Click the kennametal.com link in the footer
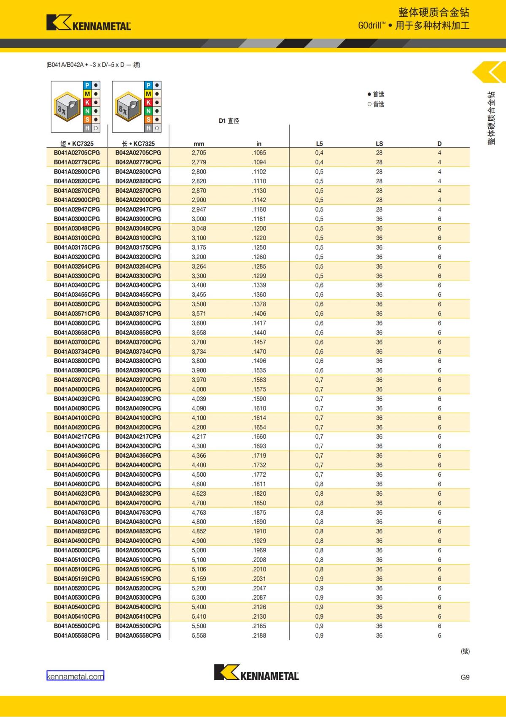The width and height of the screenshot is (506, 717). [x=75, y=676]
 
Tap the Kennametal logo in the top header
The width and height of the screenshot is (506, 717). [x=89, y=23]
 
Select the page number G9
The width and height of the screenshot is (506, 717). [x=465, y=677]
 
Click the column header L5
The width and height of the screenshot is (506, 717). [x=319, y=144]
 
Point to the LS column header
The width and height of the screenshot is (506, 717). [x=379, y=144]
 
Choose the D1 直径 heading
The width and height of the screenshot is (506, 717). [x=229, y=121]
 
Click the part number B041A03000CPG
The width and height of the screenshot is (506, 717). [x=77, y=219]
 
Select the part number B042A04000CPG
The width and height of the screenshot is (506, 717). [x=138, y=389]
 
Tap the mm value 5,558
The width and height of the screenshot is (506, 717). [x=199, y=636]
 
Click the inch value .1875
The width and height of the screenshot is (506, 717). [x=259, y=513]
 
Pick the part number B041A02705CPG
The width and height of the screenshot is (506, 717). [x=77, y=153]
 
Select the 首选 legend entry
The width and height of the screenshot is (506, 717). [x=376, y=94]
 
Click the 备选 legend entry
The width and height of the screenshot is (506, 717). [x=376, y=104]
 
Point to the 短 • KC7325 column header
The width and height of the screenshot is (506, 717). [x=77, y=144]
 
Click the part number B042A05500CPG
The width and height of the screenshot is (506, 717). [x=138, y=626]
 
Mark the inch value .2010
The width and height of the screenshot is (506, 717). [x=259, y=569]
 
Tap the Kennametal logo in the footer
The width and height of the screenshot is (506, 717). [x=256, y=672]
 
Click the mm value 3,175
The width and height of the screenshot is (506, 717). [x=199, y=247]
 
